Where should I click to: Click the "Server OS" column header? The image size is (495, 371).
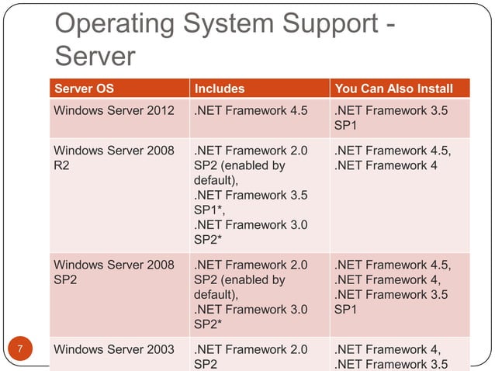83,88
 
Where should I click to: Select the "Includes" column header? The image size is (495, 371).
220,88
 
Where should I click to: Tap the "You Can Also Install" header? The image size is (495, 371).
393,88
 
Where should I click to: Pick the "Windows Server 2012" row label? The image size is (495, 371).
113,110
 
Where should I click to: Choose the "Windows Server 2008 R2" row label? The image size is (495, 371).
113,158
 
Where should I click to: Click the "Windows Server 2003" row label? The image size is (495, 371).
113,349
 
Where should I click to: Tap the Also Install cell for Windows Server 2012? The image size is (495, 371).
391,117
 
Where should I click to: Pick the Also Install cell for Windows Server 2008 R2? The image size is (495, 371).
391,158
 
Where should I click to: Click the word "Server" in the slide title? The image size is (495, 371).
95,56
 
